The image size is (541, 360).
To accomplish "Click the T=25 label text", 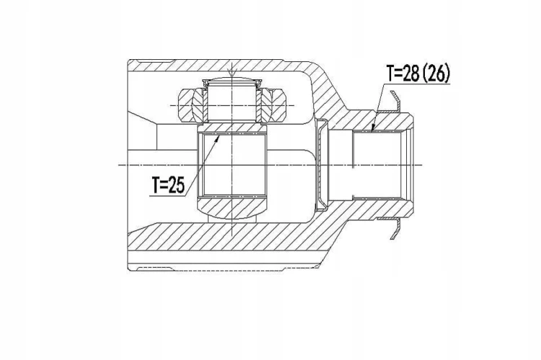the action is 168,185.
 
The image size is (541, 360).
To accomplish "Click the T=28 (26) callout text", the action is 418,73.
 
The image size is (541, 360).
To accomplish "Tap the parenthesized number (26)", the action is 436,73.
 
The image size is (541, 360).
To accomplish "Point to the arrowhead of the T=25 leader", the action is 218,138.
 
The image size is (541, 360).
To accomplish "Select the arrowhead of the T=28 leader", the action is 372,129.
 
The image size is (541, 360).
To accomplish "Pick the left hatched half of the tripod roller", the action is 190,106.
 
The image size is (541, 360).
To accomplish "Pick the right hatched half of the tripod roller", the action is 273,106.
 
